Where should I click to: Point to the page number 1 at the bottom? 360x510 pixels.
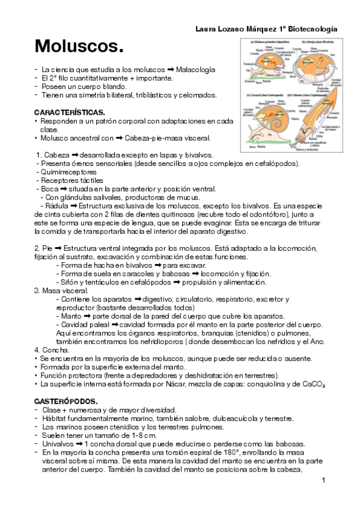point(323,480)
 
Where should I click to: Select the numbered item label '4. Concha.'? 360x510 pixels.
point(50,349)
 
